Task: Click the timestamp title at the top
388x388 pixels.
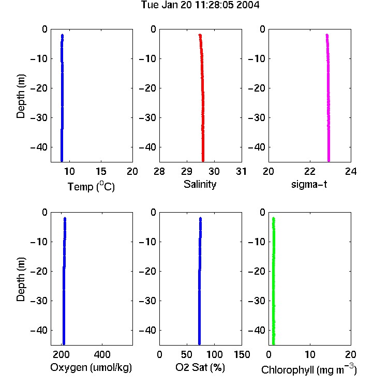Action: tap(200, 5)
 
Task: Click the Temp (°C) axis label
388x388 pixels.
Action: tap(91, 186)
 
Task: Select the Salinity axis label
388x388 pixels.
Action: tap(200, 184)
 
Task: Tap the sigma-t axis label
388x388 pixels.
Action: tap(309, 184)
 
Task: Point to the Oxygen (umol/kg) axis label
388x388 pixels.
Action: tap(91, 367)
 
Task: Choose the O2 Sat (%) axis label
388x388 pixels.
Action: tap(200, 367)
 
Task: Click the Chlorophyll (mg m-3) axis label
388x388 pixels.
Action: tap(309, 369)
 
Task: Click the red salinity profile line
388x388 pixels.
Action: tap(202, 98)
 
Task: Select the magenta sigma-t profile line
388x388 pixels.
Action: tap(329, 98)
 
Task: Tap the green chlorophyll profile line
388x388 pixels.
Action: tap(274, 281)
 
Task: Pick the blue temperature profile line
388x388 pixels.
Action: tap(62, 98)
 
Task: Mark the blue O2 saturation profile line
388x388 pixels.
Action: tap(200, 281)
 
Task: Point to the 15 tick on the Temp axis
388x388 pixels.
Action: tap(101, 171)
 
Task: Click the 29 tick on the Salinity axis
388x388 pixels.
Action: tap(187, 171)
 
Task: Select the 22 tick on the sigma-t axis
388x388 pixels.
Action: tap(310, 171)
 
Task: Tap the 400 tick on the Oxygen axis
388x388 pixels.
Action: tap(102, 354)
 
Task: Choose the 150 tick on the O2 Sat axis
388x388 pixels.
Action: tap(242, 354)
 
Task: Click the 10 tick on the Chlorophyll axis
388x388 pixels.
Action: tap(310, 354)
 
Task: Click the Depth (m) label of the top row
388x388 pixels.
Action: tap(21, 96)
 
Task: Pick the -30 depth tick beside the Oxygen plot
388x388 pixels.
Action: tap(39, 301)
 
